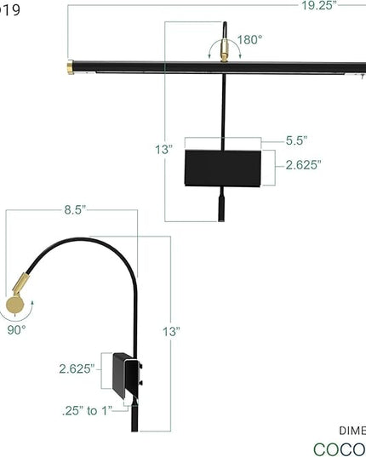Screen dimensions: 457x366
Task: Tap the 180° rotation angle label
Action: click(x=249, y=39)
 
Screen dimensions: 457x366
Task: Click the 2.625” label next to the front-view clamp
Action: click(x=303, y=164)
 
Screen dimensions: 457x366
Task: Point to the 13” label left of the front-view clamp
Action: click(x=164, y=150)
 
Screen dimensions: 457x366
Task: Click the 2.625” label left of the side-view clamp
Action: click(x=77, y=368)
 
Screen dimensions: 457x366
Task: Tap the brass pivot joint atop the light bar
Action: click(x=225, y=55)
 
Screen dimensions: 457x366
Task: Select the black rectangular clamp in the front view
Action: click(x=224, y=167)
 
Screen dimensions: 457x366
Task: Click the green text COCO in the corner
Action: click(x=339, y=448)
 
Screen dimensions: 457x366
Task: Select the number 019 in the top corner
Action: click(x=11, y=9)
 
